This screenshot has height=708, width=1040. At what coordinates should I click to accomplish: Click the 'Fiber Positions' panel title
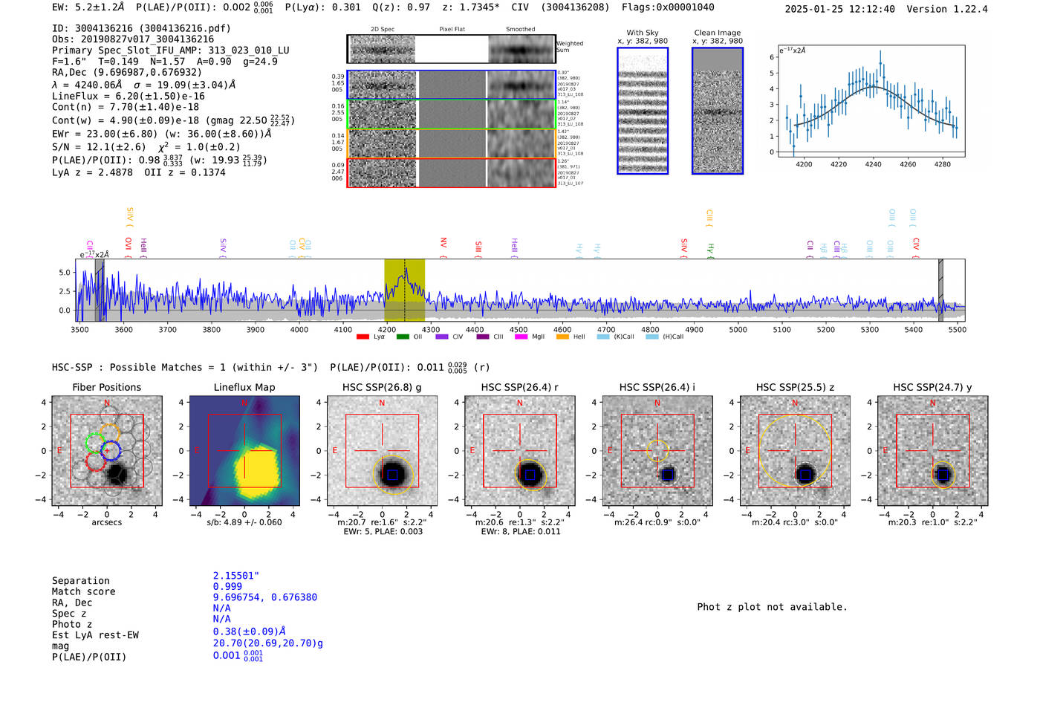coord(106,387)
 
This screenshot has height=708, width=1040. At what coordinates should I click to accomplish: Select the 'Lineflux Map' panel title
coord(244,387)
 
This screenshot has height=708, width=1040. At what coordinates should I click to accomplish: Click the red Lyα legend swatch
coord(363,337)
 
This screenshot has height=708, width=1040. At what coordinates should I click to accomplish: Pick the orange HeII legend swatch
coord(562,337)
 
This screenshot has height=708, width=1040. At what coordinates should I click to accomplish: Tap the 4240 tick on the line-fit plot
coord(873,164)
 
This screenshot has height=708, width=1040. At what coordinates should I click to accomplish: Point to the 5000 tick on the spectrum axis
coord(738,329)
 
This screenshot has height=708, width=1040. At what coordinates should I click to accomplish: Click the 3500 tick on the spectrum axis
coord(79,329)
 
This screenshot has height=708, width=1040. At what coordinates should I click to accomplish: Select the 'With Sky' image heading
coord(643,33)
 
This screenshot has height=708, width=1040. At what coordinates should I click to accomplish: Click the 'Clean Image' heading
coord(717,33)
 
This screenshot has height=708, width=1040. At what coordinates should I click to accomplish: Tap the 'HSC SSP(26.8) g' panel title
coord(382,387)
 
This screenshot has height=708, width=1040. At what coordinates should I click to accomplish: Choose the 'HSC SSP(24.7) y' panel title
coord(932,387)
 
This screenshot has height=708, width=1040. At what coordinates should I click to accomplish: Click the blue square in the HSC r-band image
coord(530,475)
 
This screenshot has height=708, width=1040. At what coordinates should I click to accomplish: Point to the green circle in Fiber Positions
coord(94,443)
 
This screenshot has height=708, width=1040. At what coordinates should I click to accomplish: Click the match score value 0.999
coord(227,587)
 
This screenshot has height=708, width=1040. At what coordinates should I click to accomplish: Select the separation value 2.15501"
coord(236,576)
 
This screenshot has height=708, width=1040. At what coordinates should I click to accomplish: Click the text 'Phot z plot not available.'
coord(772,607)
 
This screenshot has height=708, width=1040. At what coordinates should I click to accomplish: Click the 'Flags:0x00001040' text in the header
coord(668,7)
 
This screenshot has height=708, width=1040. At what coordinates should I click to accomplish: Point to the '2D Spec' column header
coord(382,30)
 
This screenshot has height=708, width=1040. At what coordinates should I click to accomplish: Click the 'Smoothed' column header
coord(520,30)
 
